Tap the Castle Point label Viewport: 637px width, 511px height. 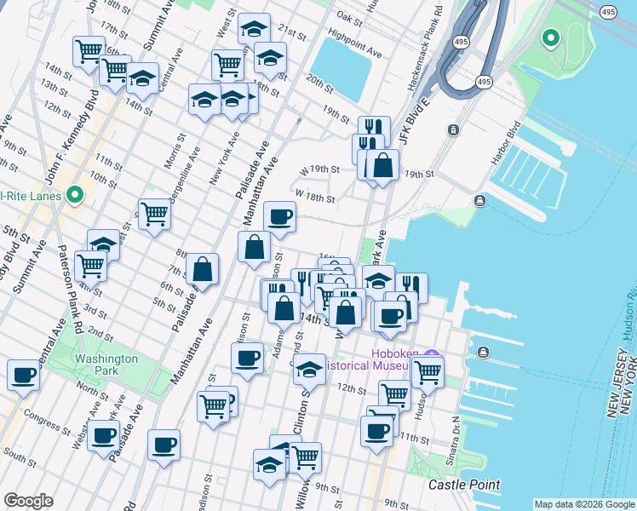click(x=462, y=485)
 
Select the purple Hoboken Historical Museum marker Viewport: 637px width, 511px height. click(x=432, y=355)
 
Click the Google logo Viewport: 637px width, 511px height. click(x=28, y=501)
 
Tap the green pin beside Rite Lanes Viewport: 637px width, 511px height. click(x=75, y=196)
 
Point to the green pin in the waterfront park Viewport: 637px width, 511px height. click(x=550, y=37)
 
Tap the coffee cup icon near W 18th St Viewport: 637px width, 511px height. click(x=278, y=216)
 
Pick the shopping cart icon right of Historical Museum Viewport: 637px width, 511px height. click(x=428, y=370)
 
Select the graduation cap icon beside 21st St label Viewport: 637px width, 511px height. click(x=253, y=29)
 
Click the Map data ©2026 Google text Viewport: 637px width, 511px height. click(x=583, y=504)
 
